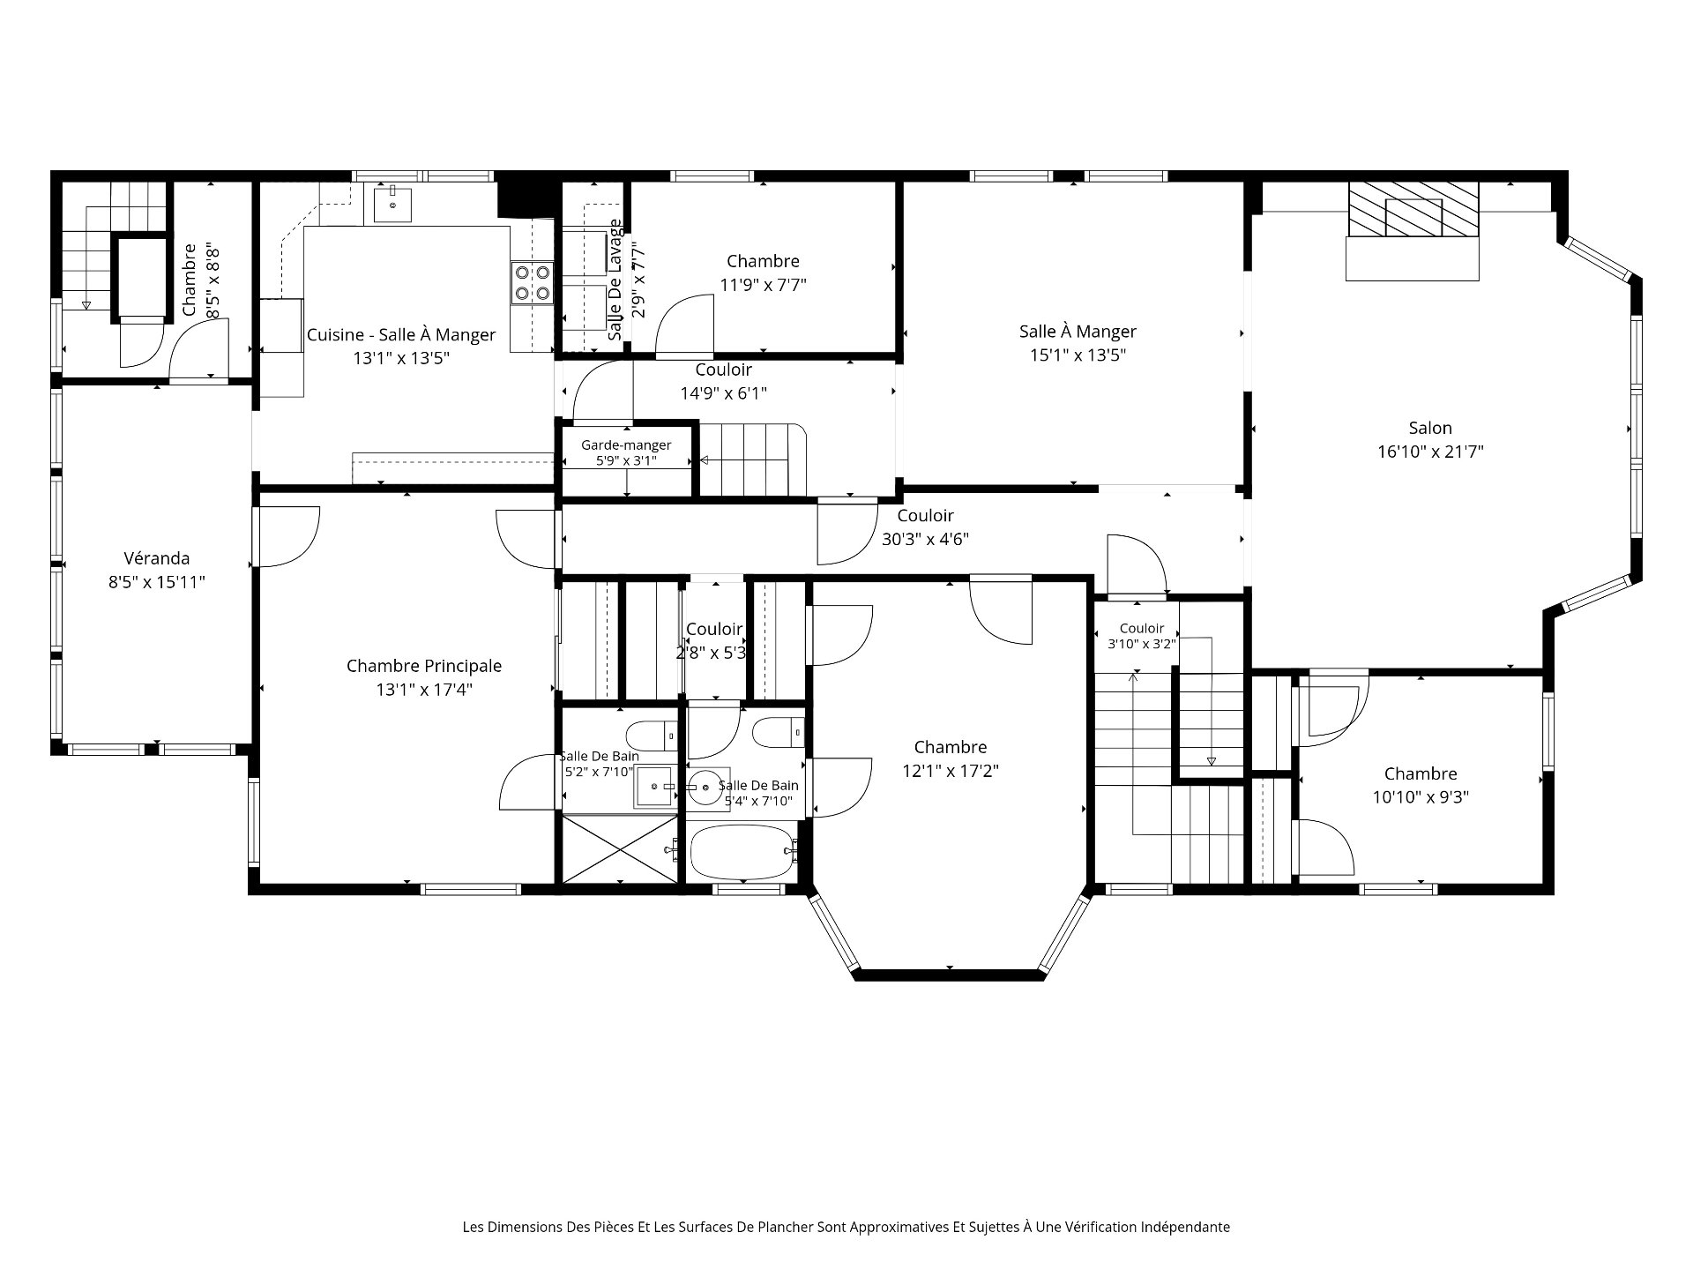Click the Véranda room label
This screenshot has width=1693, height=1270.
click(156, 558)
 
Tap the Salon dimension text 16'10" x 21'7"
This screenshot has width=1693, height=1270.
click(1430, 452)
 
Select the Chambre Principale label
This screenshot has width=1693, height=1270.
click(424, 666)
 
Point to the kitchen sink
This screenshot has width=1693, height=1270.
click(392, 205)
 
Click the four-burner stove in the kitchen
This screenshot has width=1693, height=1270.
click(533, 283)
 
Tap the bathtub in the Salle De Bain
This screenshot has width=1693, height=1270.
click(744, 851)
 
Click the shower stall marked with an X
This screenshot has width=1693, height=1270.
click(620, 848)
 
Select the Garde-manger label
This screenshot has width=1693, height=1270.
click(626, 445)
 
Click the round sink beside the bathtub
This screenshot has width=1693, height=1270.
click(705, 787)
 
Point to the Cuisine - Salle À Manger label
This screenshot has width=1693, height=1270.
click(401, 335)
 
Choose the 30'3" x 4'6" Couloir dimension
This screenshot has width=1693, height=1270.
click(926, 540)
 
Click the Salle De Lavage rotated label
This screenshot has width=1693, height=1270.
click(615, 280)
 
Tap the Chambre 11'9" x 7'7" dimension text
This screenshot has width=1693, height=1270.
click(764, 285)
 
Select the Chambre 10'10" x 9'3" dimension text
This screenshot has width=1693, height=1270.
click(1421, 797)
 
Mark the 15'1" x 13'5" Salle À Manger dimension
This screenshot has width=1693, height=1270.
click(1078, 355)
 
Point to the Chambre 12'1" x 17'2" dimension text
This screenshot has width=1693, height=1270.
click(951, 771)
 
